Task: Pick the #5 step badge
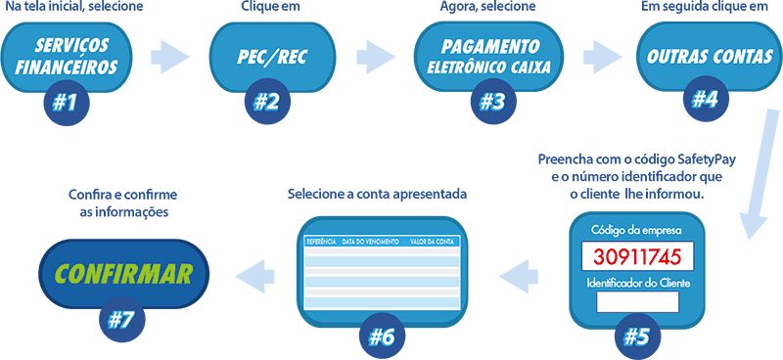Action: click(636, 335)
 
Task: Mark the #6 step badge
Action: click(381, 336)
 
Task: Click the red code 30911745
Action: click(635, 257)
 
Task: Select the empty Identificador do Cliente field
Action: click(636, 301)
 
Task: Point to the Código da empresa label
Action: click(636, 231)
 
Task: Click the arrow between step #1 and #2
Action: click(168, 56)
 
